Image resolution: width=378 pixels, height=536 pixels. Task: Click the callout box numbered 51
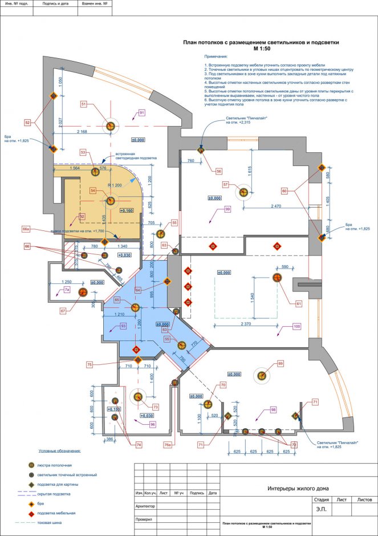pyautogui.click(x=84, y=104)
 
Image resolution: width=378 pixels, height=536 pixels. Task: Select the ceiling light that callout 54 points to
pyautogui.click(x=111, y=200)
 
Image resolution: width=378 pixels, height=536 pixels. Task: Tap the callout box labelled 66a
pyautogui.click(x=26, y=229)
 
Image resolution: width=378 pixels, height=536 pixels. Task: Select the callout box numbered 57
pyautogui.click(x=226, y=184)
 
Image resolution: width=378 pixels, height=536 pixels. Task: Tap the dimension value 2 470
pyautogui.click(x=277, y=205)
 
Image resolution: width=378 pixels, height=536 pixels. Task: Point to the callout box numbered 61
pyautogui.click(x=298, y=303)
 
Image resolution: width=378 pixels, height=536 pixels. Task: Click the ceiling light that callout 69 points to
pyautogui.click(x=262, y=375)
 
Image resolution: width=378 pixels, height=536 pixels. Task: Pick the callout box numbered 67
pyautogui.click(x=63, y=311)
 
